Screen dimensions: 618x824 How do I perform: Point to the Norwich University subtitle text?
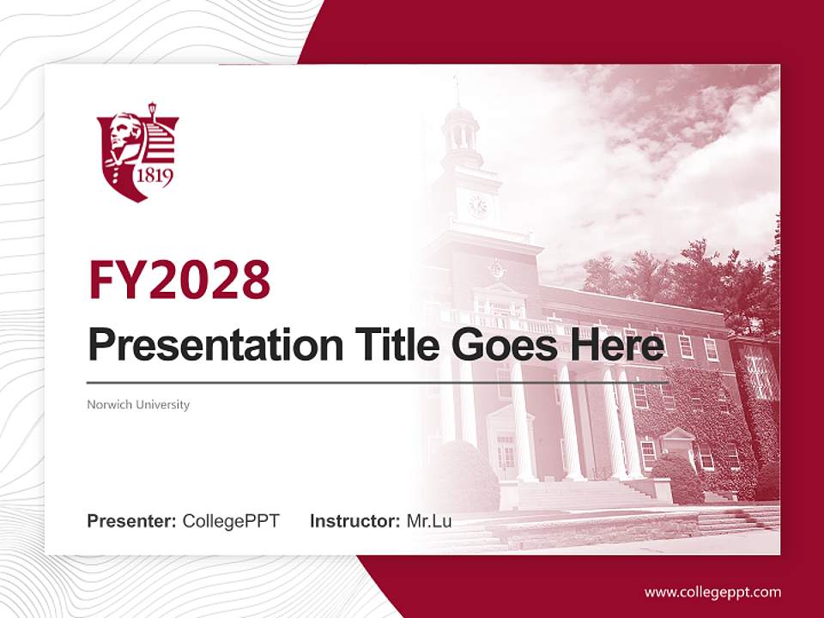138,404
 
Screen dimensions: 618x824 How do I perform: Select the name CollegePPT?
231,520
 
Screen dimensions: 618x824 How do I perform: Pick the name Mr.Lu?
429,520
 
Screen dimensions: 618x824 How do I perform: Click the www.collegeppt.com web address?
712,591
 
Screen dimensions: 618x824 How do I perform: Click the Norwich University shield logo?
137,151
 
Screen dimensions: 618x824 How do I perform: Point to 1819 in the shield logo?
154,178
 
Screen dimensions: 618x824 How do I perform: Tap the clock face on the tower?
477,206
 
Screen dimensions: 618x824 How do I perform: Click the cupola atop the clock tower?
460,129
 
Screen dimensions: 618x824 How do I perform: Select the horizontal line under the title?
378,382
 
